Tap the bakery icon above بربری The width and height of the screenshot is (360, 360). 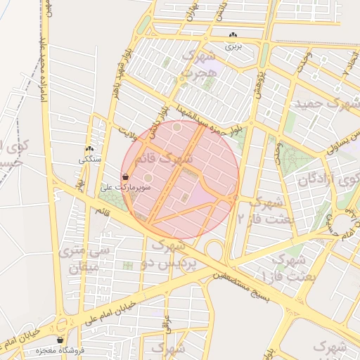click(x=233, y=35)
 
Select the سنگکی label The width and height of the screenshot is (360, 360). click(x=90, y=160)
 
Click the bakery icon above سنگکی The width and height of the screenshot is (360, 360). click(x=89, y=150)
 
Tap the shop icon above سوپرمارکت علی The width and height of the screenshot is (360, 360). click(x=125, y=176)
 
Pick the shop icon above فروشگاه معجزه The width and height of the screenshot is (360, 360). click(x=60, y=340)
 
